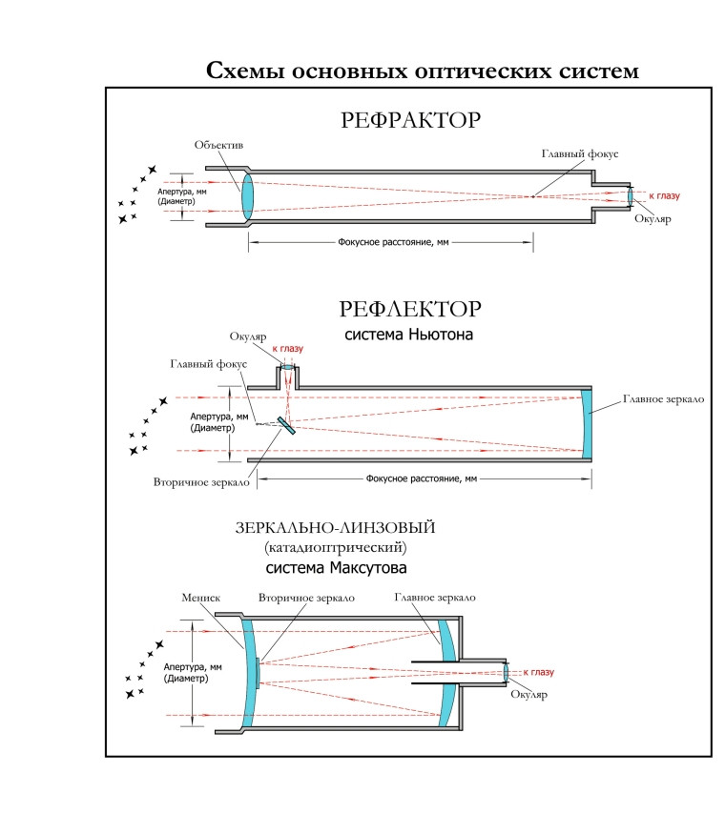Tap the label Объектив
[219, 145]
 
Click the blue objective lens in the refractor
[247, 196]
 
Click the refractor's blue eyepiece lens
[630, 196]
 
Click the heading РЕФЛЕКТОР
[409, 310]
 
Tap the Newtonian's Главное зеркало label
[662, 398]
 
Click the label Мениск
[200, 598]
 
